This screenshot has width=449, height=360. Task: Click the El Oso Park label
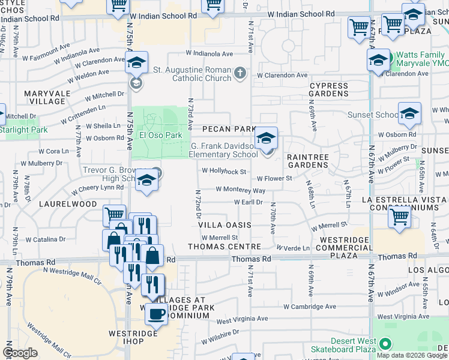[161, 135]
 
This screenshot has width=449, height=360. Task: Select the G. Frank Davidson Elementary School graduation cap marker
[265, 139]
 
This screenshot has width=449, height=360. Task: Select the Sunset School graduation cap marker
[409, 113]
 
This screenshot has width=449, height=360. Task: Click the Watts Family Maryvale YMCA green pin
[388, 59]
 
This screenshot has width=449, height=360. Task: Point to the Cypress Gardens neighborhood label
[328, 89]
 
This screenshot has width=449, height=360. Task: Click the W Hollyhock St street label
[224, 171]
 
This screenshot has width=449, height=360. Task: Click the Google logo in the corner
[20, 353]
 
